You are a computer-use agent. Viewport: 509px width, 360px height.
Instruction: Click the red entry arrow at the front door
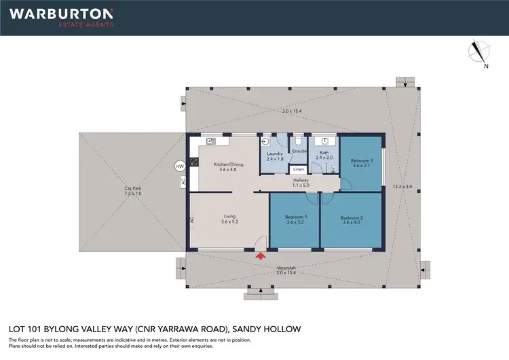(260, 255)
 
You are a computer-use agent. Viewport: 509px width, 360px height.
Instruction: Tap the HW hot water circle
(180, 166)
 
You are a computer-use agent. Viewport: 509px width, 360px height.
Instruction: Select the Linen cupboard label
(298, 169)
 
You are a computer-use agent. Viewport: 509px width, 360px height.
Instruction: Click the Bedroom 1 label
(295, 217)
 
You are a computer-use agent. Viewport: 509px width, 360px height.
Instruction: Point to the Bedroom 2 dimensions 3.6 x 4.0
(353, 223)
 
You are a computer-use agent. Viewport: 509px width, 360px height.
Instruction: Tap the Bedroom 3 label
(361, 160)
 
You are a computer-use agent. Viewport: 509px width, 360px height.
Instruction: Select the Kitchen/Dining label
(227, 164)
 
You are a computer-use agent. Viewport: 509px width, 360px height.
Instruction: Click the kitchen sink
(211, 141)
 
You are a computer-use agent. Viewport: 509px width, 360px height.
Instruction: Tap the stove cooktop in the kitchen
(193, 162)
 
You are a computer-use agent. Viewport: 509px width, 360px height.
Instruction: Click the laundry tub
(267, 142)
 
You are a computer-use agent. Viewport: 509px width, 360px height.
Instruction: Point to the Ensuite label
(299, 151)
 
